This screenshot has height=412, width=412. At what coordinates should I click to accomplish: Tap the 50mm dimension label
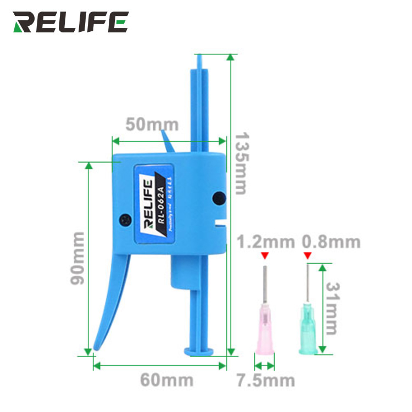[144, 124]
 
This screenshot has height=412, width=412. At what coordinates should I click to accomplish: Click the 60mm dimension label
[166, 380]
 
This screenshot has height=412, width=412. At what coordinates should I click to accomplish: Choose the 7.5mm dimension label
[265, 380]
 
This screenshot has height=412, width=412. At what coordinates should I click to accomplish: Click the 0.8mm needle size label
[331, 241]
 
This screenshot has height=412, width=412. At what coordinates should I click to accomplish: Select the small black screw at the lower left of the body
[126, 218]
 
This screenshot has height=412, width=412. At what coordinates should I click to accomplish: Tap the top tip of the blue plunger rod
[200, 56]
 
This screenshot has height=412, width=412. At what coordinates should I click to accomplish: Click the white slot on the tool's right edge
[221, 222]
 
